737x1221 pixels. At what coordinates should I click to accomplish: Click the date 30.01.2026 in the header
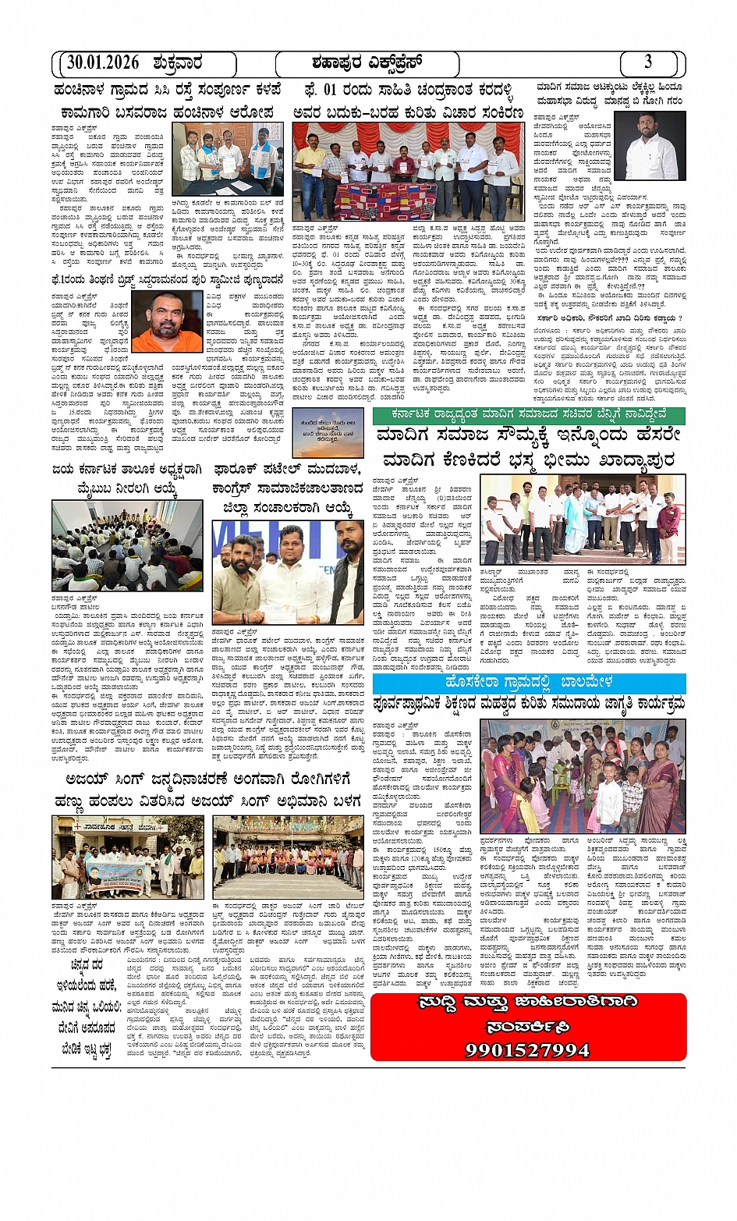coord(102,63)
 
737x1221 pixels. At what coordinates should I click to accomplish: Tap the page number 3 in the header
coord(648,62)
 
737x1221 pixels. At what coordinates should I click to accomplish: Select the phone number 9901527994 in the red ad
coord(528,1049)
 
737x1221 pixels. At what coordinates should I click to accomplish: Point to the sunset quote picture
coord(328,431)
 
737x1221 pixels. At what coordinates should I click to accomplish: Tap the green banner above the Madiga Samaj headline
coord(529,415)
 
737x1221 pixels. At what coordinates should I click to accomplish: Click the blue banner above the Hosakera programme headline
coord(529,683)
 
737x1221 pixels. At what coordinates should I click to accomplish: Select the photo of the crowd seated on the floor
coord(127,545)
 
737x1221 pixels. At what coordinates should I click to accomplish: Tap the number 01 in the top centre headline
coord(331,90)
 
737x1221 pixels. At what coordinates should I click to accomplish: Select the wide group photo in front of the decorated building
coord(288,857)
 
